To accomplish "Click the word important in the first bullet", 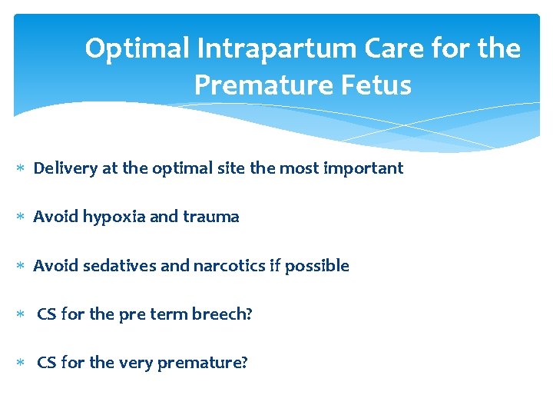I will click(364, 168).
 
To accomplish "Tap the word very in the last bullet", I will click(135, 363).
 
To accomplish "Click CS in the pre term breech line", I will click(46, 315).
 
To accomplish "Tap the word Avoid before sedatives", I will click(55, 266).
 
